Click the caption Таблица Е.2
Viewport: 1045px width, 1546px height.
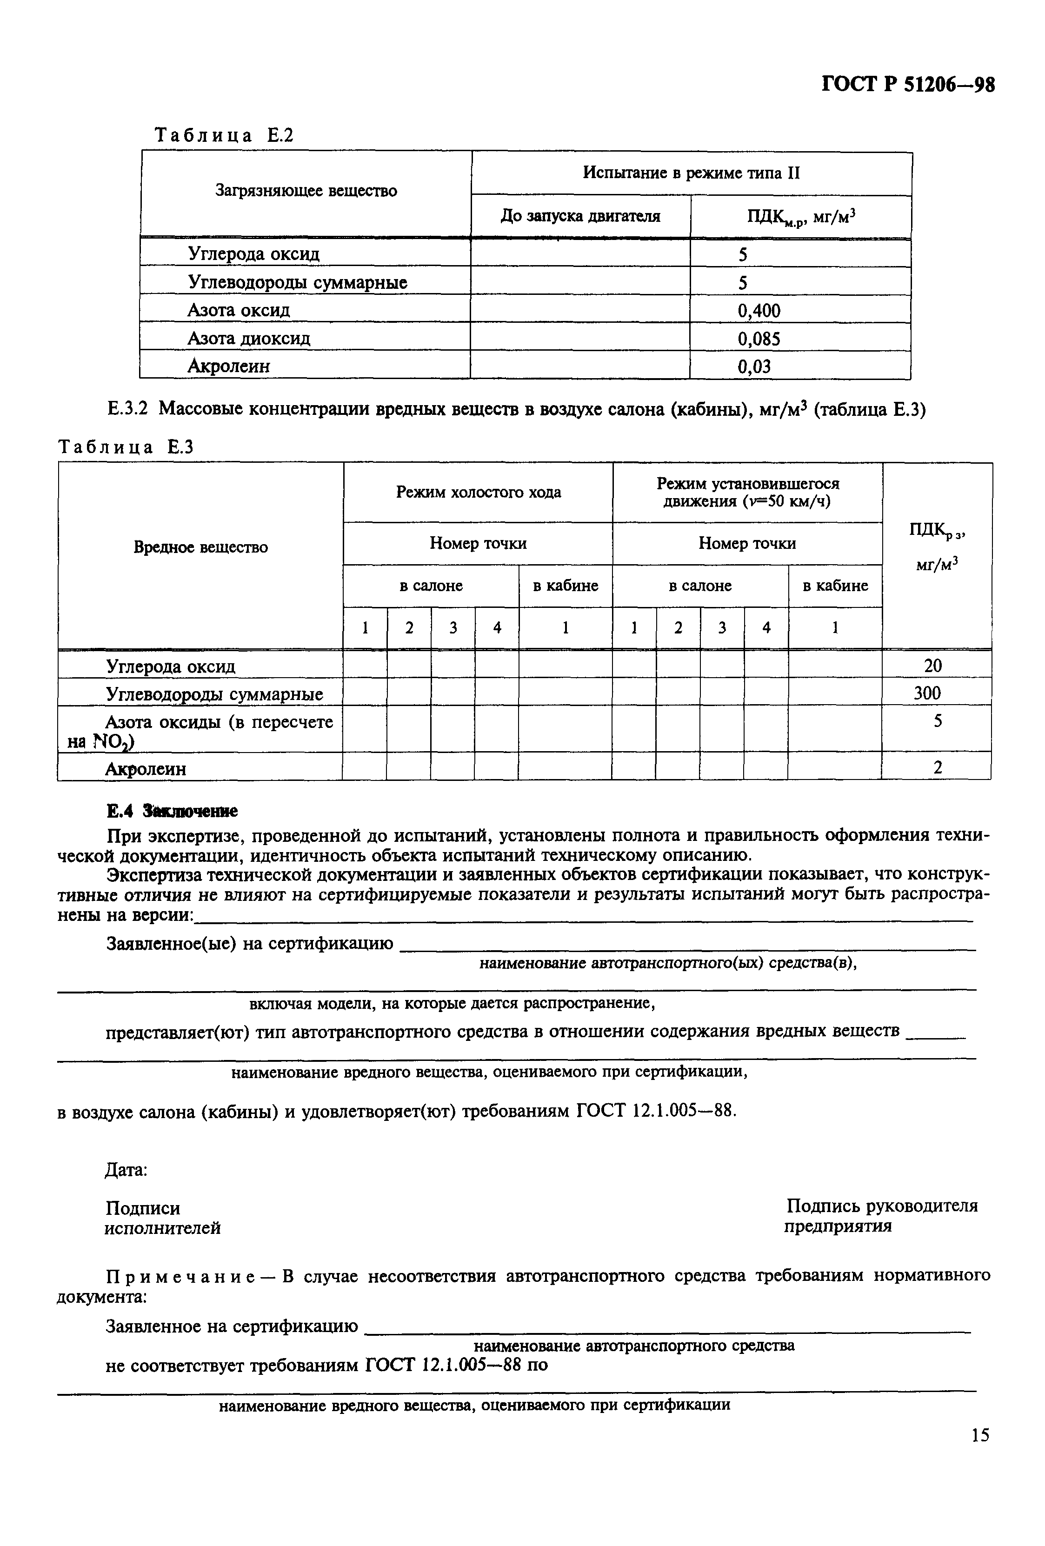click(224, 136)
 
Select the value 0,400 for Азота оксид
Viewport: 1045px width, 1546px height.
click(759, 311)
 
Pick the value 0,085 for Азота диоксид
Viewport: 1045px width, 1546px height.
click(759, 339)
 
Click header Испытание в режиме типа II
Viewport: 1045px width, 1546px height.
click(691, 173)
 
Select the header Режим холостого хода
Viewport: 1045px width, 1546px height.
click(478, 492)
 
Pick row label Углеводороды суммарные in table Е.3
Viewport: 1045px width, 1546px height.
click(214, 694)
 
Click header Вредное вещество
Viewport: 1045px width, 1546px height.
click(200, 547)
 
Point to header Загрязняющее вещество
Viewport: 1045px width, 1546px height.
click(306, 191)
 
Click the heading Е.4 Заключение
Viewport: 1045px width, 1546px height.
click(172, 812)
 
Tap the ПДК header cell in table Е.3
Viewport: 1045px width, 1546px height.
click(937, 547)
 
